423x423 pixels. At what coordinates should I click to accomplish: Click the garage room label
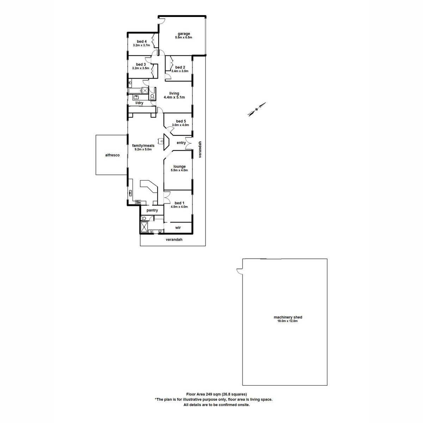pos(184,34)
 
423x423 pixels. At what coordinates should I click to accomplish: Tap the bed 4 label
pos(142,42)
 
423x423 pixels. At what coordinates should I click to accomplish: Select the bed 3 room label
pos(141,65)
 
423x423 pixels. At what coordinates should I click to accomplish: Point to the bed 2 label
pos(180,67)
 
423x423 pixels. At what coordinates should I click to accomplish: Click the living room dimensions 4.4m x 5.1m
pos(174,97)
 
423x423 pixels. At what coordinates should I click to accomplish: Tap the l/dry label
pos(140,103)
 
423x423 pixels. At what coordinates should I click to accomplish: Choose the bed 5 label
pos(180,121)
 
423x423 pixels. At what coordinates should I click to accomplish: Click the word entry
pos(181,143)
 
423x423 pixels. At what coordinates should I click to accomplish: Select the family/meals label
pos(143,145)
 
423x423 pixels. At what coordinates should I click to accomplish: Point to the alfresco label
pos(112,155)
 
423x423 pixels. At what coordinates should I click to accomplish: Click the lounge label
pos(179,166)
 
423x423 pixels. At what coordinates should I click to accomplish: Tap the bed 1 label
pos(179,203)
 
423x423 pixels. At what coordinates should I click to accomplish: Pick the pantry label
pos(152,210)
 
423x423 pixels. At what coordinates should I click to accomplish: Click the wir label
pos(178,228)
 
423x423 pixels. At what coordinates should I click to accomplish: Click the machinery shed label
pos(288,317)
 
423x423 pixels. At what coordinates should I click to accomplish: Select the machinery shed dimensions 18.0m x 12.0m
pos(288,321)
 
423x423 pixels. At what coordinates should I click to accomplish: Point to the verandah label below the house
pos(174,240)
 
